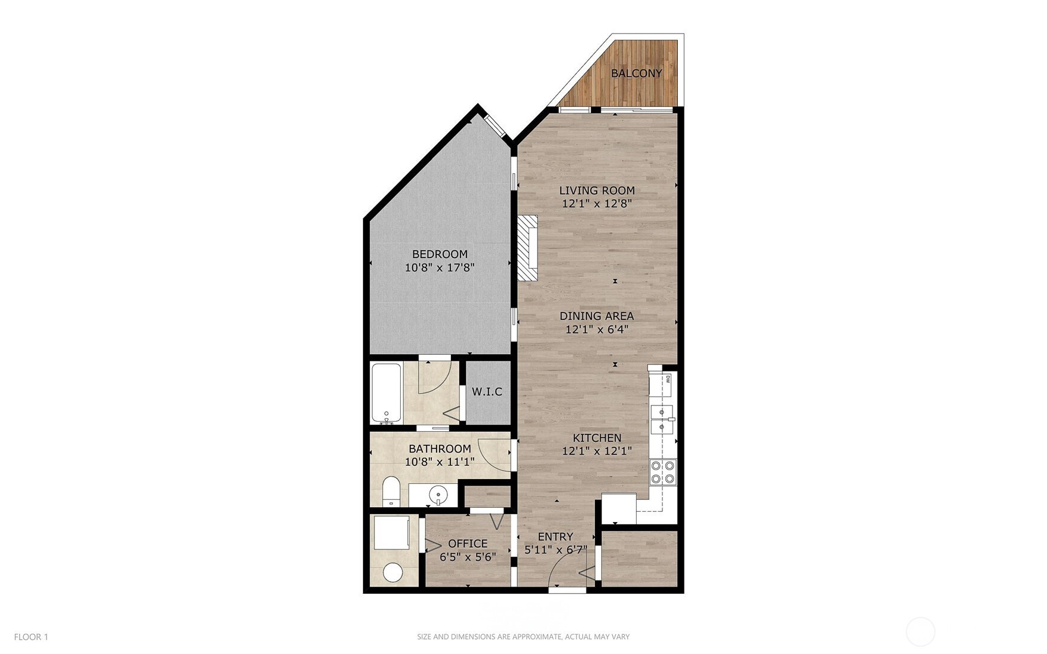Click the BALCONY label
click(x=636, y=73)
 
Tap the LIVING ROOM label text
click(x=597, y=191)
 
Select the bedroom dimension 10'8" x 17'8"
click(x=440, y=268)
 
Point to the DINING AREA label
click(x=597, y=316)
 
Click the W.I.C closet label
click(x=487, y=392)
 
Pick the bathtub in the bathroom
click(x=386, y=393)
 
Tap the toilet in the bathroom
click(x=391, y=491)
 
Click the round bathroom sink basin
click(x=439, y=495)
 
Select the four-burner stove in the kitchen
click(x=663, y=471)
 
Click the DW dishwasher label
click(x=668, y=379)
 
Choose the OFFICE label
click(x=468, y=544)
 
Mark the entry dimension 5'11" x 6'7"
click(x=555, y=550)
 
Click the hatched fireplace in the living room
click(x=527, y=248)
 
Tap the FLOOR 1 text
click(x=31, y=637)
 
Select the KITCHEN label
click(x=597, y=438)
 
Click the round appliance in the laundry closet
click(x=393, y=572)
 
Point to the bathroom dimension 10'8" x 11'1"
click(x=440, y=462)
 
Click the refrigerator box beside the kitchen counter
click(x=618, y=508)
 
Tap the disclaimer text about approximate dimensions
click(x=523, y=637)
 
